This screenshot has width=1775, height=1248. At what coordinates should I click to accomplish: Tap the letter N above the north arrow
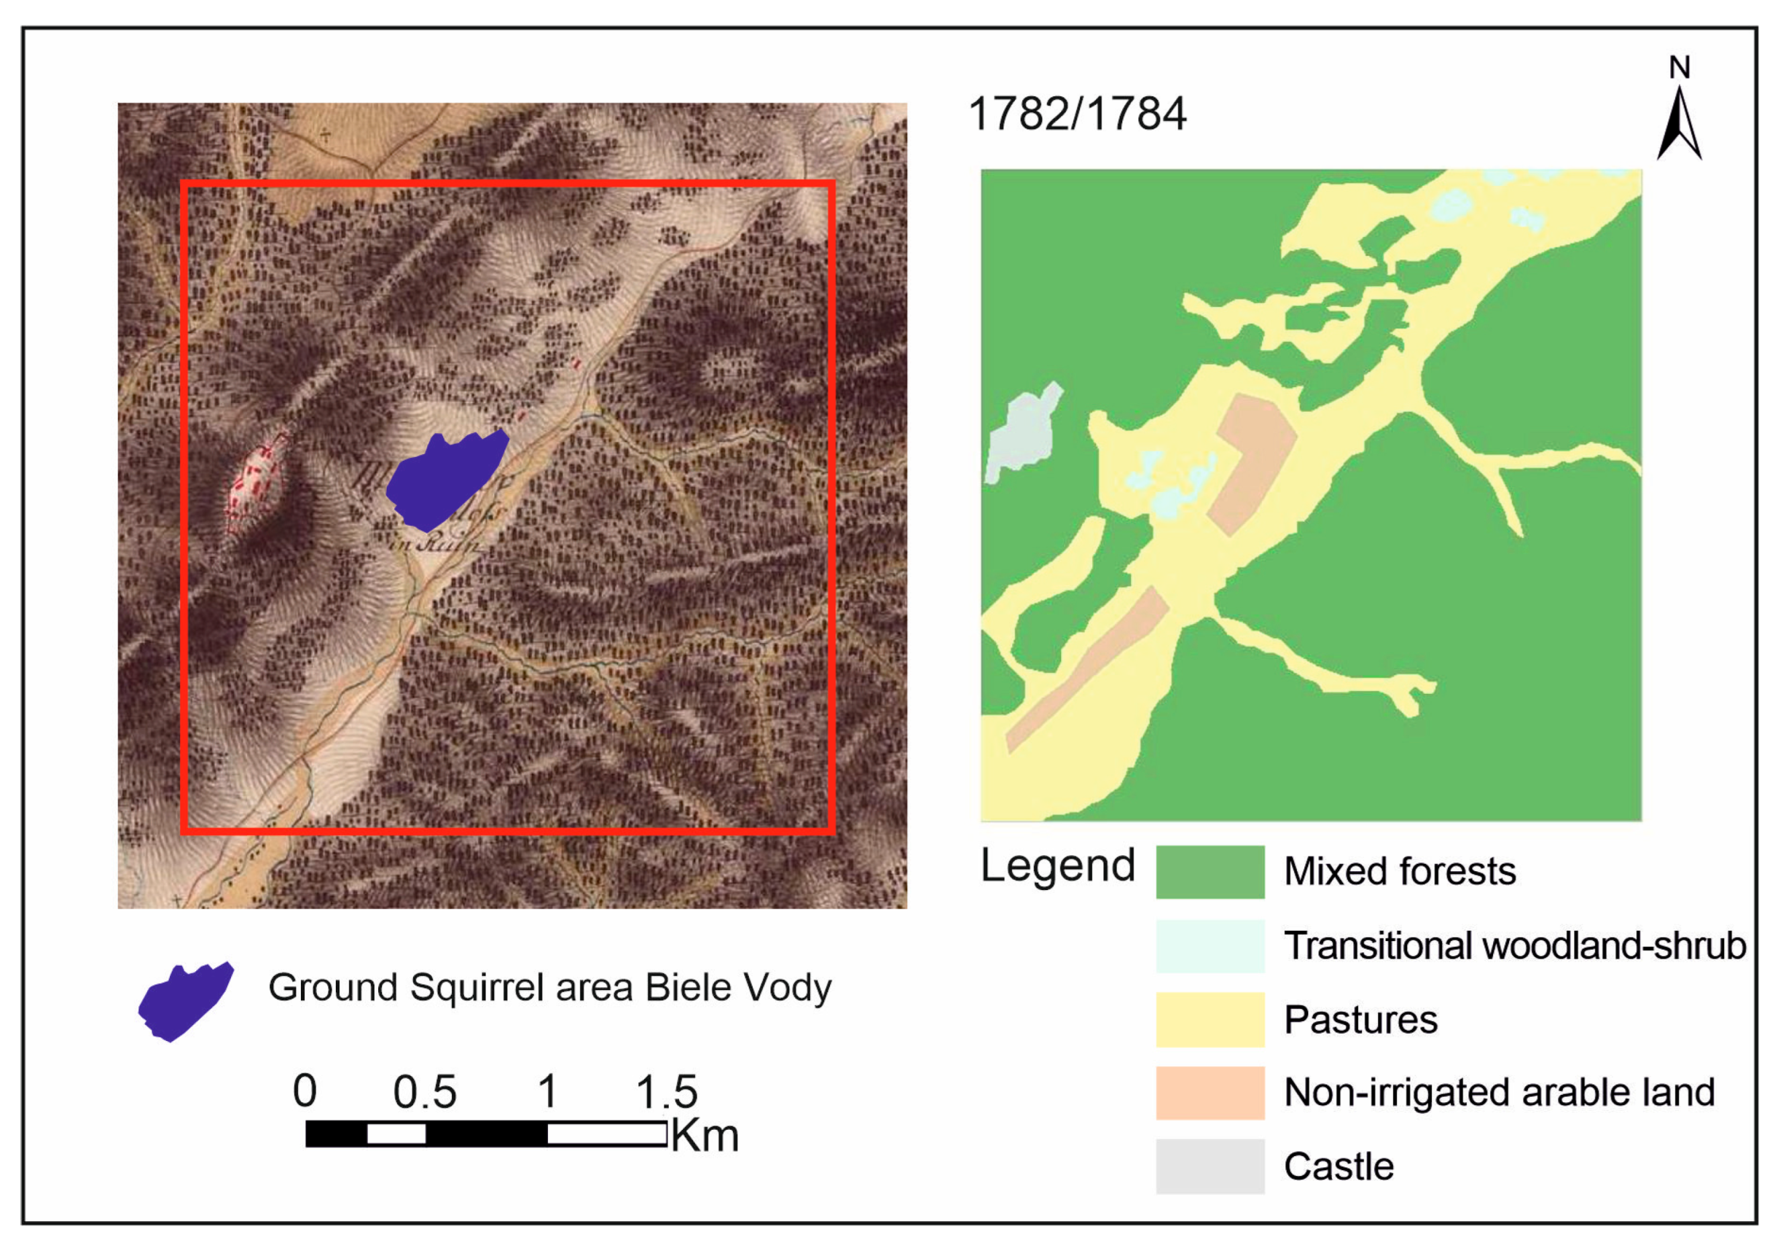1679,68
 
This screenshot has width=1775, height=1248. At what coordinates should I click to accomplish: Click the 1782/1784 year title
1077,114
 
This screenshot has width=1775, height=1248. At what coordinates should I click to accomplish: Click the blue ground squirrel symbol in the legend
185,1001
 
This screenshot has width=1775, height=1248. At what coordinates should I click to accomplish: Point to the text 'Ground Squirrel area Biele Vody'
549,987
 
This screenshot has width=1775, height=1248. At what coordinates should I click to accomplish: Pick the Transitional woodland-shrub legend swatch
1210,946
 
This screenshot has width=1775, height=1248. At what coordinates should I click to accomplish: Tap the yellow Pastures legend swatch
1210,1019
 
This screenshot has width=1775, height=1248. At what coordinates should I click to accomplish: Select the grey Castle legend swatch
1210,1166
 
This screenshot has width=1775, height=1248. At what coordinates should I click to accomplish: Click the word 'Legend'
1057,866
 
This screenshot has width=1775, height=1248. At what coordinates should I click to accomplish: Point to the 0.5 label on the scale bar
424,1091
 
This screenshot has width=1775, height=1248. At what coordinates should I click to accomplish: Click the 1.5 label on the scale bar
666,1091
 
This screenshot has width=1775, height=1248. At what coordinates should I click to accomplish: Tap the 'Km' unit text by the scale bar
704,1136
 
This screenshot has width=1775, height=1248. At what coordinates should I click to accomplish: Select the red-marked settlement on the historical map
257,483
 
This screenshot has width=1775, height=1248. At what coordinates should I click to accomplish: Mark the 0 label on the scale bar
305,1091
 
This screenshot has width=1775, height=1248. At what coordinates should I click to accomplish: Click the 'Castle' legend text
1338,1167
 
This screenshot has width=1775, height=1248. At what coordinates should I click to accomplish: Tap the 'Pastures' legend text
1360,1020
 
